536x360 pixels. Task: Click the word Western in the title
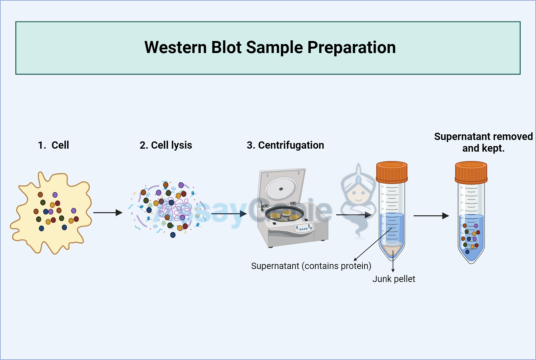coord(176,47)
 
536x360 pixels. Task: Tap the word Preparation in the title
coord(351,48)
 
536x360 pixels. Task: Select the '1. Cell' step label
coord(53,145)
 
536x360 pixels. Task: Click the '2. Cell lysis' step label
coord(166,145)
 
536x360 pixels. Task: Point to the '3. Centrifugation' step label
coord(285,145)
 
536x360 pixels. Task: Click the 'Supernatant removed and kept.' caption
coord(483,142)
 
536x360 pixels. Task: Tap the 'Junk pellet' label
coord(394,279)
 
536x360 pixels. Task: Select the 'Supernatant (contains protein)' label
coord(311,266)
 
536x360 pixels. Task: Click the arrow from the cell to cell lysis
coord(108,213)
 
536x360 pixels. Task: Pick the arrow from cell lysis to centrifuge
coord(229,214)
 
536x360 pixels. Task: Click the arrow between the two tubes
coord(431,216)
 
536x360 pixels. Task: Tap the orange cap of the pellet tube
coord(392,172)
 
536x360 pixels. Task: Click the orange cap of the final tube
coord(471,172)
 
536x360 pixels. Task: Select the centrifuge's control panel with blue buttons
coord(304,228)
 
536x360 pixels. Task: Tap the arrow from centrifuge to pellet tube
coord(354,215)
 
